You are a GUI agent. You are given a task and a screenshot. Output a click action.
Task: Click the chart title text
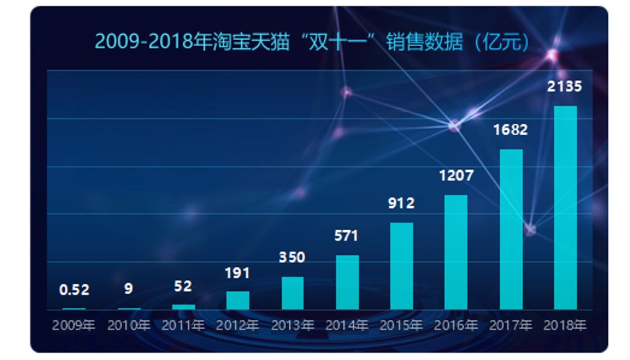point(312,42)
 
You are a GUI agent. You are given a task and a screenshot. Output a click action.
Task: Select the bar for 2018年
point(565,207)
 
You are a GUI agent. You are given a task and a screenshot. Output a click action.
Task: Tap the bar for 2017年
point(511,229)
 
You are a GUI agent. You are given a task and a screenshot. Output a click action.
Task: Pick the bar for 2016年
point(456,252)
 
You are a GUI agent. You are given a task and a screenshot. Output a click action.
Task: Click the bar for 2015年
point(401,266)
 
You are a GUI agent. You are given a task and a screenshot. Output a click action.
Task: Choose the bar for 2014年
point(347,282)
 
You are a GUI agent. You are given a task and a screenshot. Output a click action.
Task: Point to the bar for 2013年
point(292,293)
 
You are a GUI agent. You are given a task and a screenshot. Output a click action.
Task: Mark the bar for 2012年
point(238,300)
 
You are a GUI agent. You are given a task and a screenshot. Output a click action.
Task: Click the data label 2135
point(565,87)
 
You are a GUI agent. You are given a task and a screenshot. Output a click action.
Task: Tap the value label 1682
point(510,129)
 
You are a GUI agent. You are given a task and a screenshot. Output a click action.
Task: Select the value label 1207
point(456,176)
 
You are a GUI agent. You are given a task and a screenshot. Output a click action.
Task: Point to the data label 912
point(401,203)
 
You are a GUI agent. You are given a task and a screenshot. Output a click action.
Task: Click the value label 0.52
point(74,290)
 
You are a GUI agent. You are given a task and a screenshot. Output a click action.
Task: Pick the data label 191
point(237,273)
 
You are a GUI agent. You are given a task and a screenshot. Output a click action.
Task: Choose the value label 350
point(292,257)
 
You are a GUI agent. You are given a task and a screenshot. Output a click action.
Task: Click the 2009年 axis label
point(74,326)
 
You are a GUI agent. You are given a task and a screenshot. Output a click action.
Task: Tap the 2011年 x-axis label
point(183,326)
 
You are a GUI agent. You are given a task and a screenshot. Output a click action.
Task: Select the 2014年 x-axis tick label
point(347,326)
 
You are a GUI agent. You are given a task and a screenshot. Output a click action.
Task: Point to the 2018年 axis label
point(565,326)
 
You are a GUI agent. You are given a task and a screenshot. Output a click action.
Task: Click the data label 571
point(347,236)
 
